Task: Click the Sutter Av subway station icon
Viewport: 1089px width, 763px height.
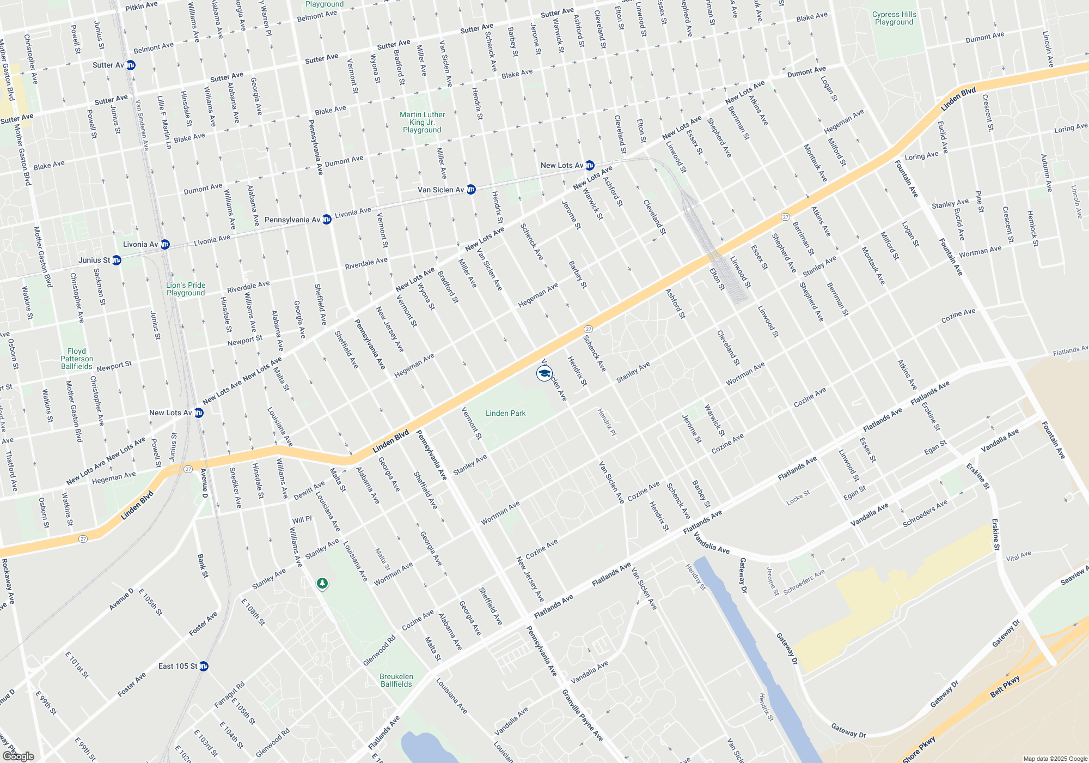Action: (x=131, y=65)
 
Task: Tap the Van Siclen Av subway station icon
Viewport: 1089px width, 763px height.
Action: (x=471, y=190)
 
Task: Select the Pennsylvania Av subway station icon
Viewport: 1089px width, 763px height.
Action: (x=327, y=220)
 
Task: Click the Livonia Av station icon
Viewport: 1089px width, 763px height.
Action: (x=165, y=245)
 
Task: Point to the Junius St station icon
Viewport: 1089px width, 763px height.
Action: (x=117, y=261)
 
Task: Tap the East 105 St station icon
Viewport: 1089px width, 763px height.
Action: (x=204, y=666)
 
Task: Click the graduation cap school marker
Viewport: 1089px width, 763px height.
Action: (x=544, y=373)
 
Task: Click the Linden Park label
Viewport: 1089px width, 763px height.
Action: (x=505, y=413)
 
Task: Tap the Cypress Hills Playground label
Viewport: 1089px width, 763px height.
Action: (x=894, y=19)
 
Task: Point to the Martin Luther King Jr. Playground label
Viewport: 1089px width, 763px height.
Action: (x=422, y=122)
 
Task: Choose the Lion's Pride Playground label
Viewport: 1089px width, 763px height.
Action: (x=186, y=289)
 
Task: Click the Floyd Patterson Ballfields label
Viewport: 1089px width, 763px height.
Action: (x=77, y=359)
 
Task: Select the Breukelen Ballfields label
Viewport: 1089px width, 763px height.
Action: (x=396, y=680)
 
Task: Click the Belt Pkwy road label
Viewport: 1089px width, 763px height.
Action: (x=1005, y=686)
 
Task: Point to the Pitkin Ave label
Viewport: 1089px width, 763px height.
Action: (x=141, y=6)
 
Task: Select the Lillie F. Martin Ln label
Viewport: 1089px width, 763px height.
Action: (x=164, y=123)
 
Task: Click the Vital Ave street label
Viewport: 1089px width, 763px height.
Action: (x=1018, y=556)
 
